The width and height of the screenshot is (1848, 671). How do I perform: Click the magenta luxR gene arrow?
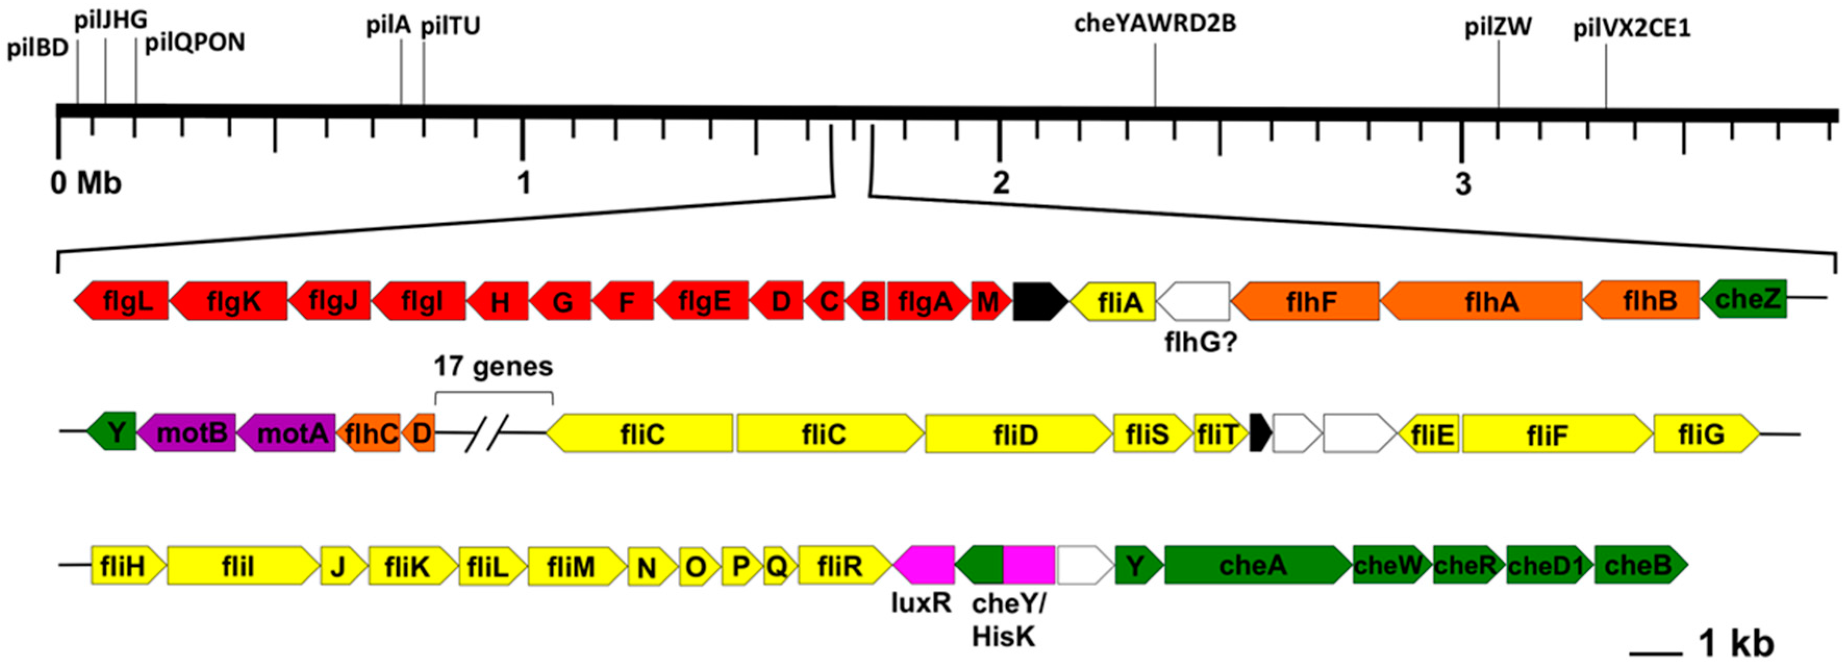pyautogui.click(x=924, y=566)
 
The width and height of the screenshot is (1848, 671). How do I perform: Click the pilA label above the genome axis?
pyautogui.click(x=388, y=26)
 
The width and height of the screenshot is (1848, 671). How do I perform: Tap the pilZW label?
pyautogui.click(x=1498, y=27)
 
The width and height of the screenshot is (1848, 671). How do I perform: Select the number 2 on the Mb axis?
pyautogui.click(x=1001, y=184)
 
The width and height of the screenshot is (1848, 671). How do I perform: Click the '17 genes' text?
pyautogui.click(x=493, y=367)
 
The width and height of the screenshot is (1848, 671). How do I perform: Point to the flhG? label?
pyautogui.click(x=1201, y=343)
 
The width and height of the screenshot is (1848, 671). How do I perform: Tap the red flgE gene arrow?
pyautogui.click(x=703, y=301)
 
